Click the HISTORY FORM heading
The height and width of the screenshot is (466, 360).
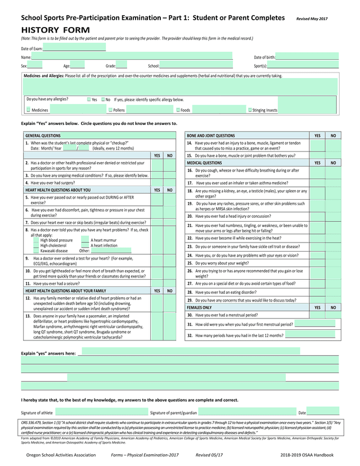(x=55, y=29)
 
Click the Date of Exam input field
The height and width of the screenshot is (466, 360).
(x=74, y=48)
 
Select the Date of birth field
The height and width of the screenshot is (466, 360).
(x=307, y=57)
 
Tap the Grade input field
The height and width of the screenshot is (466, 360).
(x=121, y=65)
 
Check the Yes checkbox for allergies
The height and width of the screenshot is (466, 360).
(x=89, y=100)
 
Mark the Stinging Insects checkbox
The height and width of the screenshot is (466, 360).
(x=250, y=110)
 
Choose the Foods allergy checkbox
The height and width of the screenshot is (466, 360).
(x=178, y=110)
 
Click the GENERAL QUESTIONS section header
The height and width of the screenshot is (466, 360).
(x=43, y=136)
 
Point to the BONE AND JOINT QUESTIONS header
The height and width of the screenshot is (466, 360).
(x=211, y=136)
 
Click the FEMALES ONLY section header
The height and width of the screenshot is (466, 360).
(x=200, y=308)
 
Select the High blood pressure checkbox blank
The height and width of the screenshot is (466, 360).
(x=37, y=240)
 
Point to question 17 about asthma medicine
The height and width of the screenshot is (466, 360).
(x=242, y=183)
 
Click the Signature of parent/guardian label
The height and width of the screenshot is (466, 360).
(x=173, y=413)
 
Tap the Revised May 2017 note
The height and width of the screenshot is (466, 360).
(x=312, y=19)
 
